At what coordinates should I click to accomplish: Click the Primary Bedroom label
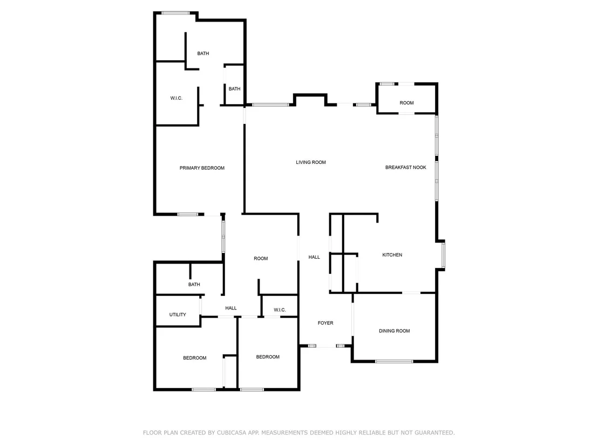pyautogui.click(x=202, y=168)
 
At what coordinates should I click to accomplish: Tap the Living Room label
pyautogui.click(x=311, y=162)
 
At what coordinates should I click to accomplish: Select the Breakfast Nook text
pyautogui.click(x=406, y=167)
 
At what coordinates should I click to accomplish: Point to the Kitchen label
pyautogui.click(x=392, y=255)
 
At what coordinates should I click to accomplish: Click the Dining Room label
pyautogui.click(x=395, y=331)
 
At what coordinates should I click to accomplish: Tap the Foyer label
pyautogui.click(x=325, y=323)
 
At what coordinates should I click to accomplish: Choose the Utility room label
pyautogui.click(x=178, y=315)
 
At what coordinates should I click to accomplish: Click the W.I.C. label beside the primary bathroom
pyautogui.click(x=176, y=98)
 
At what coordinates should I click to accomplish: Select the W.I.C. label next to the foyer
pyautogui.click(x=280, y=310)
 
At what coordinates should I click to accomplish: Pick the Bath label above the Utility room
pyautogui.click(x=194, y=285)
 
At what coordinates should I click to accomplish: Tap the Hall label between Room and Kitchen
pyautogui.click(x=314, y=257)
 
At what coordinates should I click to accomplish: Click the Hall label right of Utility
pyautogui.click(x=231, y=308)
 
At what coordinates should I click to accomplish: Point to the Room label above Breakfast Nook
pyautogui.click(x=406, y=103)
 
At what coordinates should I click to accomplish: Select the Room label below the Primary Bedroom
pyautogui.click(x=261, y=259)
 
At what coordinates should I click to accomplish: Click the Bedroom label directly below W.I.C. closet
pyautogui.click(x=268, y=357)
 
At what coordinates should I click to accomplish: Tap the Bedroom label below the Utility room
pyautogui.click(x=194, y=358)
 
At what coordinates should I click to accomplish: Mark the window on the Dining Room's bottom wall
pyautogui.click(x=395, y=361)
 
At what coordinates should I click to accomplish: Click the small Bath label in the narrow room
pyautogui.click(x=235, y=89)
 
